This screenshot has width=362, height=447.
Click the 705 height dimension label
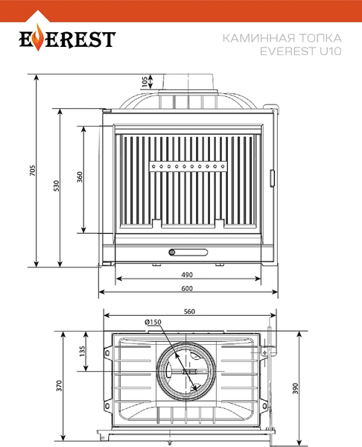(33, 170)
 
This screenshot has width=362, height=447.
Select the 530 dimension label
(57, 186)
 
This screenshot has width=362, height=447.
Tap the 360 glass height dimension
(80, 177)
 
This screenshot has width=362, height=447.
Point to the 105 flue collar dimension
(145, 81)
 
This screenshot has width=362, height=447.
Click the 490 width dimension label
(187, 274)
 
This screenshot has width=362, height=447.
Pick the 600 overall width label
(187, 288)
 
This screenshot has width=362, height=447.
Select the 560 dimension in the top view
(189, 311)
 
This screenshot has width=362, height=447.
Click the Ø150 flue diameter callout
(153, 322)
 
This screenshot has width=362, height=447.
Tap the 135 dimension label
(82, 351)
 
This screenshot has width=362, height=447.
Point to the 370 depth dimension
(59, 385)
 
